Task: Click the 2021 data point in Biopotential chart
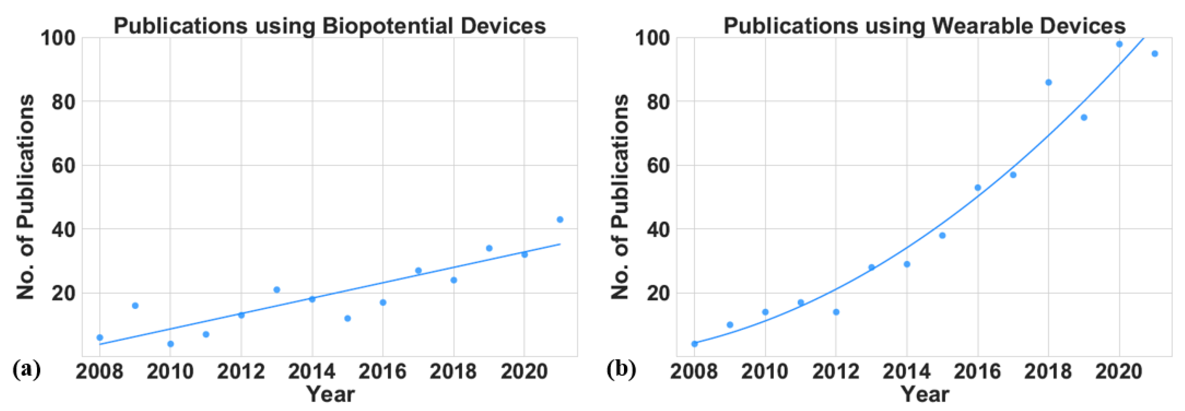click(x=560, y=219)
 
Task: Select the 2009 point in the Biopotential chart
click(x=135, y=305)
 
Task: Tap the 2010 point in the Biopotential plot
click(x=171, y=344)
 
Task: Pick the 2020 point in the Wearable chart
click(x=1119, y=44)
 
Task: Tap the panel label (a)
click(x=26, y=369)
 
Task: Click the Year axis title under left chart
click(x=330, y=394)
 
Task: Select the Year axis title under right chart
click(x=925, y=394)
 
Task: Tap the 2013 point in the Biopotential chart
click(x=277, y=290)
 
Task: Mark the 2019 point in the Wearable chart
click(x=1084, y=117)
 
